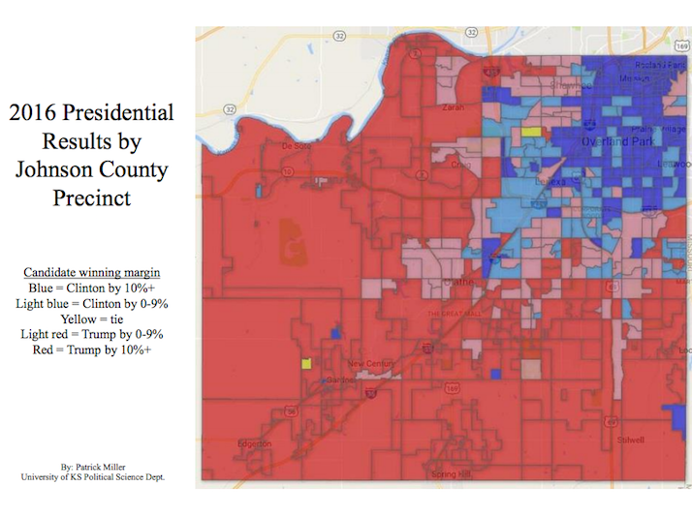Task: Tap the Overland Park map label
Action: click(x=618, y=141)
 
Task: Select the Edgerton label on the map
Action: click(x=255, y=443)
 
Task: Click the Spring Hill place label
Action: click(x=450, y=474)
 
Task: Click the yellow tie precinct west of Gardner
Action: click(x=306, y=364)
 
